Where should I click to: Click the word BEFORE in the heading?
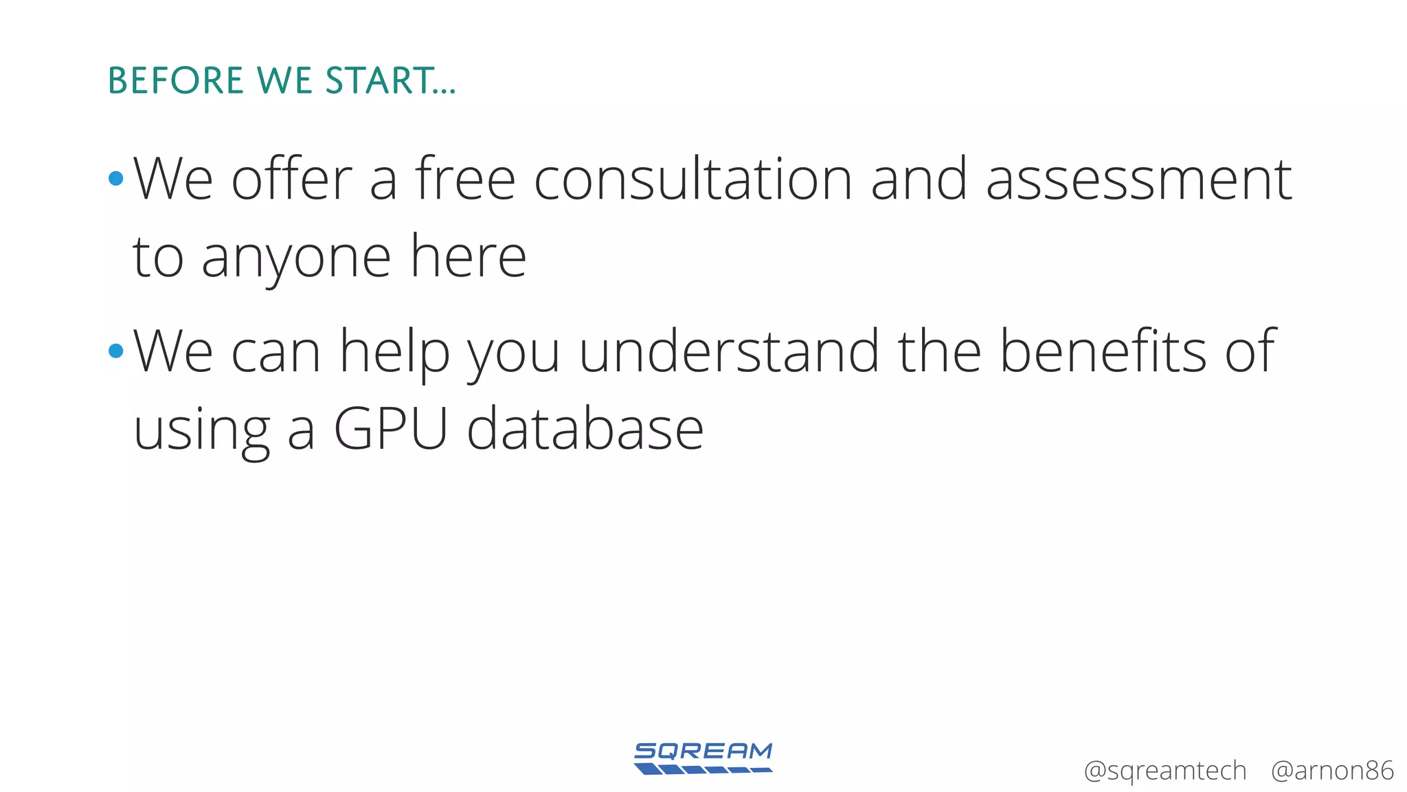[176, 80]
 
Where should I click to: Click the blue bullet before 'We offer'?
[116, 179]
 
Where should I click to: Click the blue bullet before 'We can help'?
[116, 351]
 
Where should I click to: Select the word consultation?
[693, 179]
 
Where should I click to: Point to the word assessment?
[1138, 179]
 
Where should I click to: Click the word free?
[465, 179]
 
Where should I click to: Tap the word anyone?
[296, 258]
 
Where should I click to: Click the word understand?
[729, 351]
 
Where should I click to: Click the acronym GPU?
[391, 428]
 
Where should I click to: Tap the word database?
[585, 428]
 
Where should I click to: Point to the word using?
[201, 432]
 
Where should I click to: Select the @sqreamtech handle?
[1164, 771]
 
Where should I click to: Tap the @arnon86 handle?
[1331, 771]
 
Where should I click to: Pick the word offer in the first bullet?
[291, 179]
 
